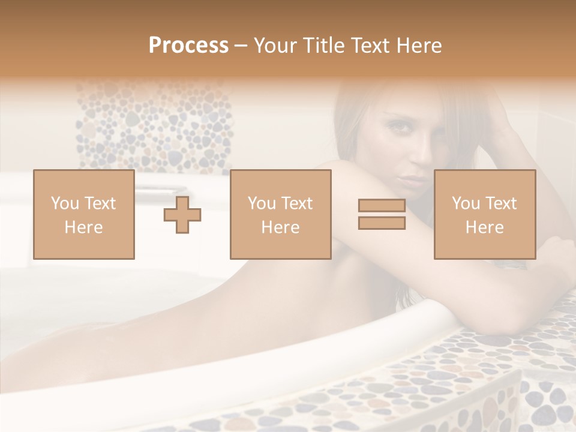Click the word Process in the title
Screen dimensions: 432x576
point(188,46)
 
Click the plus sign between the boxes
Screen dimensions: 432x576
point(182,214)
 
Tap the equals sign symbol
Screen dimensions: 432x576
point(382,214)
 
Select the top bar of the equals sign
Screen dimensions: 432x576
point(382,206)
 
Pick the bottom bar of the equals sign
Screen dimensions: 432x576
point(382,223)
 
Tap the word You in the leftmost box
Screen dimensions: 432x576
point(64,203)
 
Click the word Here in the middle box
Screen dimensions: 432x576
point(281,227)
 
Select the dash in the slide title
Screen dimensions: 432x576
point(241,46)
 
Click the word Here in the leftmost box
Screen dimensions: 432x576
point(84,227)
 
